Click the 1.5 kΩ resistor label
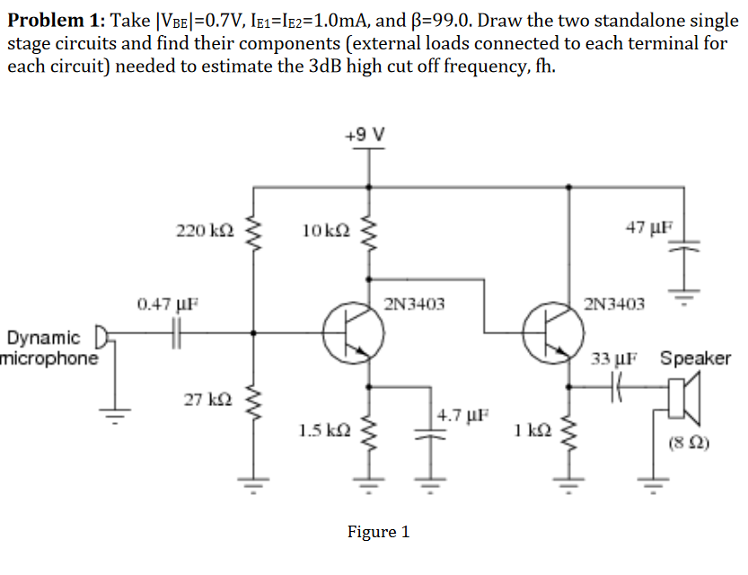321,429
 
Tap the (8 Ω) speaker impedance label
691,442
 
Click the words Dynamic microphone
49,349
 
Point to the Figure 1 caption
378,532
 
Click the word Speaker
695,358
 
